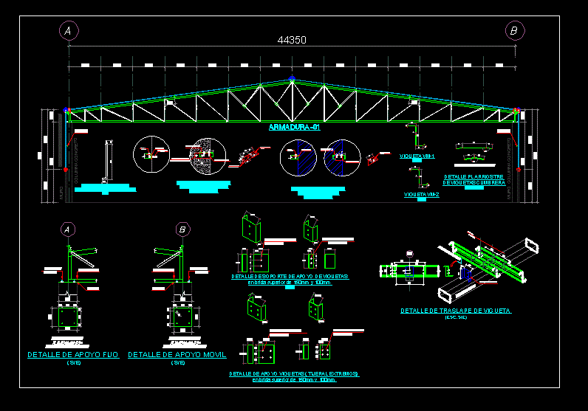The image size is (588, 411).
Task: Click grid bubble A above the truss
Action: [69, 30]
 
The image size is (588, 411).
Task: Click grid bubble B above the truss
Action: [514, 30]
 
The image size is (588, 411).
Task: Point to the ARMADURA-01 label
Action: [294, 127]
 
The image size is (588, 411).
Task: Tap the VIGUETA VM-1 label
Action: [417, 156]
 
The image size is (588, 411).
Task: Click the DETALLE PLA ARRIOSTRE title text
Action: [474, 177]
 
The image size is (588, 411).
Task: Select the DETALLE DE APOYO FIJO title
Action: [73, 355]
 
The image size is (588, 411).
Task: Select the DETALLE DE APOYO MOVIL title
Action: [177, 355]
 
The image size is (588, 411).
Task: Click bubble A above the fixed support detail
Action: [68, 229]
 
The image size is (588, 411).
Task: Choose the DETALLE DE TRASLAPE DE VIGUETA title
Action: [456, 311]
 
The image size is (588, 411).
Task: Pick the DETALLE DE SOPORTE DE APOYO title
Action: [290, 276]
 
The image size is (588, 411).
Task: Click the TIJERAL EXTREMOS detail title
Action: [294, 374]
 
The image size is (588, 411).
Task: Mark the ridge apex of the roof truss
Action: [293, 78]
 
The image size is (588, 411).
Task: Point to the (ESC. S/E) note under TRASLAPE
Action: [456, 318]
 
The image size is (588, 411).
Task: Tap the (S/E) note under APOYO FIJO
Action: [73, 363]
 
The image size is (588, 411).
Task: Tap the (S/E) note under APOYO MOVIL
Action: [177, 363]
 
